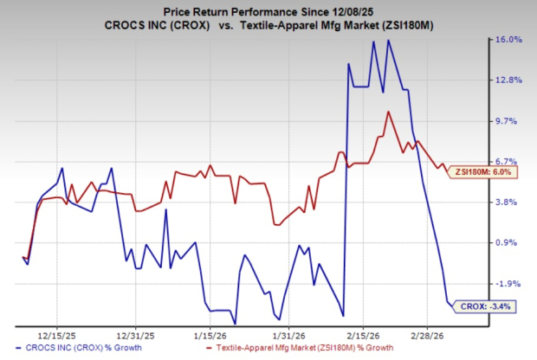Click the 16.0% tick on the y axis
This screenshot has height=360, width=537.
508,40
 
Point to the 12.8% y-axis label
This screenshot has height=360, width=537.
508,80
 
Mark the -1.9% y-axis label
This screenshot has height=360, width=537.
508,284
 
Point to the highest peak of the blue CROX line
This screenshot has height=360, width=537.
388,40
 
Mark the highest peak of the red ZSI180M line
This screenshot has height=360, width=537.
389,111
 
